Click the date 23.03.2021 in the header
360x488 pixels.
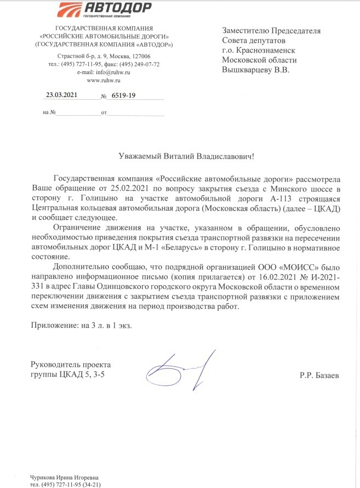(x=62, y=94)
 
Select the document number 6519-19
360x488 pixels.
(x=123, y=95)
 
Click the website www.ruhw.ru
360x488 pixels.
(x=104, y=80)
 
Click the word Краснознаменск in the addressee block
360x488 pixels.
(x=266, y=50)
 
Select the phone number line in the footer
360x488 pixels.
(x=65, y=484)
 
